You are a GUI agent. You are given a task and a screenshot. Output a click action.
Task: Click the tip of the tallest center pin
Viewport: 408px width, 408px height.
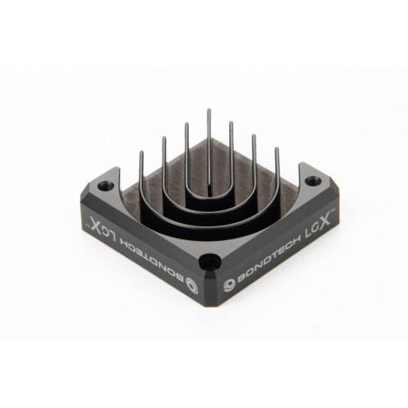[x=209, y=110]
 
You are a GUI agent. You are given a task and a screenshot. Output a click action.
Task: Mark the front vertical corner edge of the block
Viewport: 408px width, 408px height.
[x=209, y=289]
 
